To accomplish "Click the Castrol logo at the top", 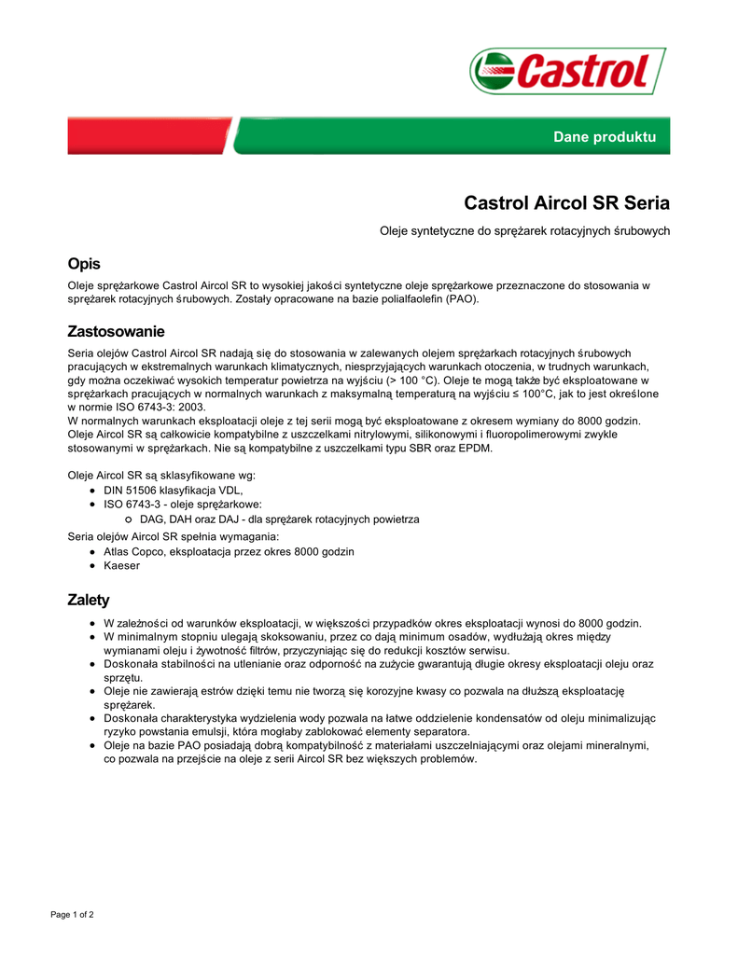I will (567, 70).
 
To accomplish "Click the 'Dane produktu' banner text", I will (605, 137).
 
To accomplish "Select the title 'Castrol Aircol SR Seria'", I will (566, 202).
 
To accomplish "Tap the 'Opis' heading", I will (84, 264).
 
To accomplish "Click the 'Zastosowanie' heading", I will (116, 331).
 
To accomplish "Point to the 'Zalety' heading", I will (89, 600).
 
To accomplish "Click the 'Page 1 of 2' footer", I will (72, 914).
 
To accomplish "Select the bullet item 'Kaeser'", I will (121, 565).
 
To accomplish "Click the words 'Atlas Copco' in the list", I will (135, 551).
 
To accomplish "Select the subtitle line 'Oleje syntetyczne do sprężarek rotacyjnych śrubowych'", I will (524, 230).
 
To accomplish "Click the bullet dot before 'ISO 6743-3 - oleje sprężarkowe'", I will (93, 505).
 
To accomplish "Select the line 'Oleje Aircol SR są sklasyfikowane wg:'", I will (161, 475).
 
